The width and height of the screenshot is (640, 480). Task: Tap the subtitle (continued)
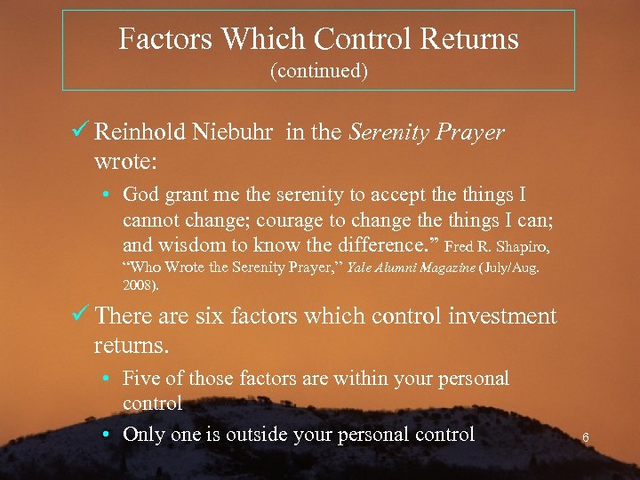coord(318,71)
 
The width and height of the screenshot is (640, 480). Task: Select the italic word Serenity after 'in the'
coord(388,133)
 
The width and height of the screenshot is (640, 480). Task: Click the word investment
coord(505,316)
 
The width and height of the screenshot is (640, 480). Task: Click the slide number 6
coord(586,437)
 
